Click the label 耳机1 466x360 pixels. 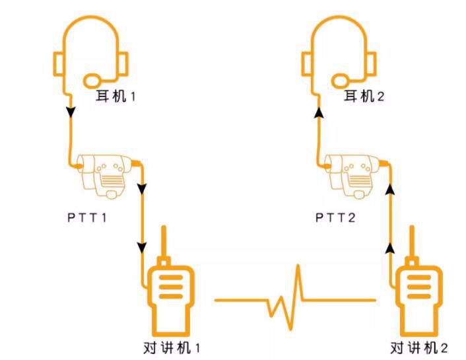[x=116, y=96]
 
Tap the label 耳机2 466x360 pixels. [x=364, y=96]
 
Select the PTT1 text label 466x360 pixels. [x=86, y=218]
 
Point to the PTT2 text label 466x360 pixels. [x=335, y=218]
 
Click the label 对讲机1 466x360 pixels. [x=172, y=348]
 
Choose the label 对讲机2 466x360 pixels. [x=419, y=348]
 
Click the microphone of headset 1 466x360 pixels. [x=92, y=81]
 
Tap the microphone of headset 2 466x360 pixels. [x=341, y=81]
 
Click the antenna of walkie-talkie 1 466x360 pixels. [x=164, y=241]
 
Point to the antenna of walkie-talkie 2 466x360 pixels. [x=412, y=241]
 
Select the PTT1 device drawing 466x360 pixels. [x=104, y=176]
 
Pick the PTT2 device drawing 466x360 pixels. [x=352, y=176]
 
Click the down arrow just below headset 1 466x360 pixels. [x=71, y=112]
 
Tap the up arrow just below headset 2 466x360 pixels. [x=319, y=112]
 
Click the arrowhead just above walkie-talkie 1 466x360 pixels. [x=142, y=247]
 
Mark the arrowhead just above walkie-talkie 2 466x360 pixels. [x=390, y=248]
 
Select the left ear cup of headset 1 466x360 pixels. [x=58, y=64]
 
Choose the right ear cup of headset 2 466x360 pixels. [x=371, y=64]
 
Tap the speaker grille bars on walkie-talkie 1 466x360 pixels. [x=171, y=287]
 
